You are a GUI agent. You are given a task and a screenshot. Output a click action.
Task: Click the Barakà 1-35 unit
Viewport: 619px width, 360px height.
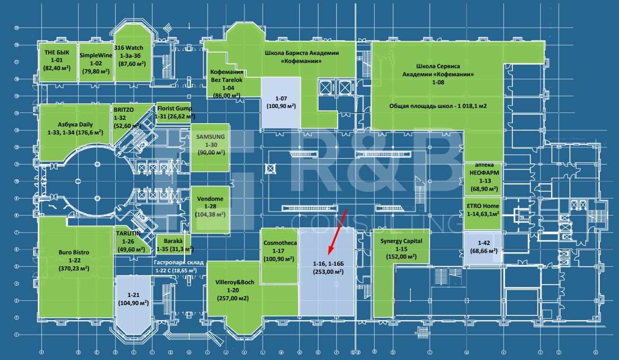pyautogui.click(x=173, y=244)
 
